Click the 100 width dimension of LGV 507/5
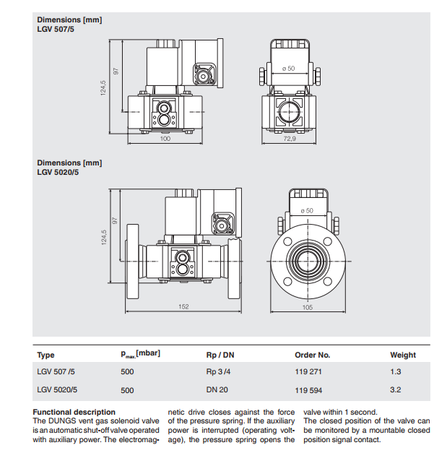pyautogui.click(x=165, y=139)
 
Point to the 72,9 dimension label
pyautogui.click(x=290, y=139)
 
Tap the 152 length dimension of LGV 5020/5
pyautogui.click(x=183, y=306)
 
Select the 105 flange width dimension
pyautogui.click(x=308, y=307)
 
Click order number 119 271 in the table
pyautogui.click(x=308, y=371)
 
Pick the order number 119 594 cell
pyautogui.click(x=308, y=390)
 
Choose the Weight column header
pyautogui.click(x=403, y=355)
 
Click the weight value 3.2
pyautogui.click(x=396, y=389)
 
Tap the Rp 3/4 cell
pyautogui.click(x=218, y=371)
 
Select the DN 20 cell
pyautogui.click(x=217, y=389)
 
